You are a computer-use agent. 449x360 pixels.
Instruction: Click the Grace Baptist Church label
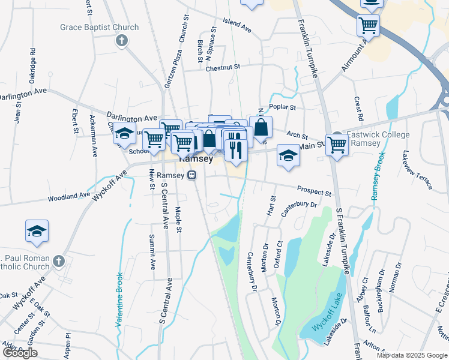tap(99, 27)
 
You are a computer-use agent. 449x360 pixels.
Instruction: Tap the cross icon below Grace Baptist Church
tap(121, 41)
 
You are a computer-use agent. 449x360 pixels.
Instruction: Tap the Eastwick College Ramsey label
tap(364, 139)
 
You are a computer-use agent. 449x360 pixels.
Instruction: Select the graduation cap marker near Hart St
tap(288, 156)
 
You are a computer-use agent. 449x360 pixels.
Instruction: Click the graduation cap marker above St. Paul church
tap(37, 231)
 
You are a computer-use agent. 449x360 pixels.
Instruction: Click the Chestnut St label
tap(222, 68)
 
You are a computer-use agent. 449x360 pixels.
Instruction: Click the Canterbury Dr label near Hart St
tap(298, 206)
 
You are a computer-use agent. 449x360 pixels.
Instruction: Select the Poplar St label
tap(283, 107)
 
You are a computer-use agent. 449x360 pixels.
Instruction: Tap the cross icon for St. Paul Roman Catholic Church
tap(58, 261)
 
